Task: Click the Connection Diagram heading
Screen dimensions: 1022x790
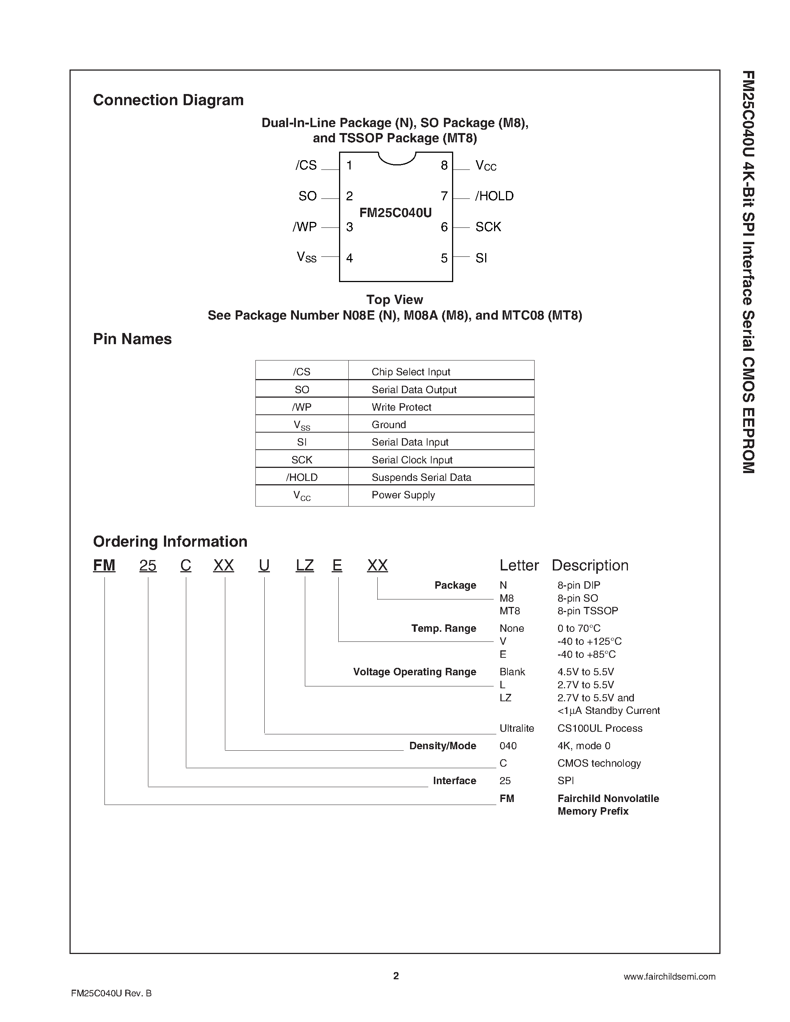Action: tap(168, 100)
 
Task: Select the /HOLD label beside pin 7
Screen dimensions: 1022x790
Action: tap(494, 196)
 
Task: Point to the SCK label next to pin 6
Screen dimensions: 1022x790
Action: tap(488, 227)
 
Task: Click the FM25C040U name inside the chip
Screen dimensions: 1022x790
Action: tap(396, 213)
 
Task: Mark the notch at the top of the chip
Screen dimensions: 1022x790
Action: tap(397, 159)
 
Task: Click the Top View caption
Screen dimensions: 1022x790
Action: tap(394, 300)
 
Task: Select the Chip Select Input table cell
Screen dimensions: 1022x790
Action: tap(410, 372)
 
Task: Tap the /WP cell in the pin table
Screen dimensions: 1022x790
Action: tap(302, 407)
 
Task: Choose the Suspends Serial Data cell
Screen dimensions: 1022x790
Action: tap(421, 477)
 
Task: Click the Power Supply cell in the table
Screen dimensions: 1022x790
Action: tap(403, 495)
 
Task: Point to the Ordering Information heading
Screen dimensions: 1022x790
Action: tap(170, 541)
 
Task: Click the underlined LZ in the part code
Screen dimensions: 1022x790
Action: tap(305, 566)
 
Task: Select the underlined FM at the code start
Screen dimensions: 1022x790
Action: tap(104, 566)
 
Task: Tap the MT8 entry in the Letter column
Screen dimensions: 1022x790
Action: tap(510, 611)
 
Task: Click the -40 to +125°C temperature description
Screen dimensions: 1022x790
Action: tap(589, 641)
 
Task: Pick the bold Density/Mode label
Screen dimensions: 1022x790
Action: tap(442, 746)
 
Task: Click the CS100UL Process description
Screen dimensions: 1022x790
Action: tap(600, 729)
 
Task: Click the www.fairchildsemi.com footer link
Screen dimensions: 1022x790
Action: tap(669, 977)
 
